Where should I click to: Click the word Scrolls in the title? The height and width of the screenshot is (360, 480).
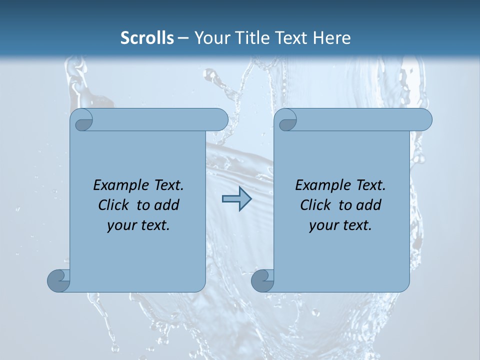(147, 38)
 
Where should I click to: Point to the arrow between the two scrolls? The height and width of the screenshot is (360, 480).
(236, 199)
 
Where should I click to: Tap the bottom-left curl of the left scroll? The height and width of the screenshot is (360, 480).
(58, 280)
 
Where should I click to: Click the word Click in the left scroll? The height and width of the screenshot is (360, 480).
(112, 205)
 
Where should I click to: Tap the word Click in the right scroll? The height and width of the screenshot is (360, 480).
(314, 205)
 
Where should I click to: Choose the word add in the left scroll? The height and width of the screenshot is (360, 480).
(166, 205)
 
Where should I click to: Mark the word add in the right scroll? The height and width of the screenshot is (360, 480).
(368, 205)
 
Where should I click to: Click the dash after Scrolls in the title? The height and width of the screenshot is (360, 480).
(183, 38)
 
